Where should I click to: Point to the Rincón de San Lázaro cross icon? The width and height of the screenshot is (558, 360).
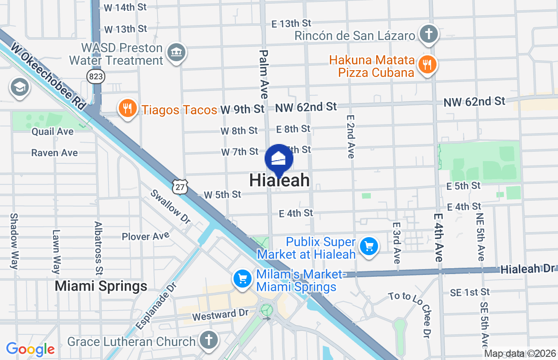429,34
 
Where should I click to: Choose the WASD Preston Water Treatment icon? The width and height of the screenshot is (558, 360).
176,53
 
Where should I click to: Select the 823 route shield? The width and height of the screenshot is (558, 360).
96,76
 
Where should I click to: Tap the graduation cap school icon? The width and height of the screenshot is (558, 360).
19,87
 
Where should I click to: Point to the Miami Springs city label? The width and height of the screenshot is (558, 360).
101,286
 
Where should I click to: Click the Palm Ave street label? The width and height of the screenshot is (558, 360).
263,74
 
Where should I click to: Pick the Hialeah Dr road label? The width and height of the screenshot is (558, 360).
527,269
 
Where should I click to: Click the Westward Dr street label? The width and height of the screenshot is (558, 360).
220,315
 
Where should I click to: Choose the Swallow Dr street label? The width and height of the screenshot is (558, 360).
171,208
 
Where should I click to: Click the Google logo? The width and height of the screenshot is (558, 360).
31,349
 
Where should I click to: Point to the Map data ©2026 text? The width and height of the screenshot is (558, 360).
519,354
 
